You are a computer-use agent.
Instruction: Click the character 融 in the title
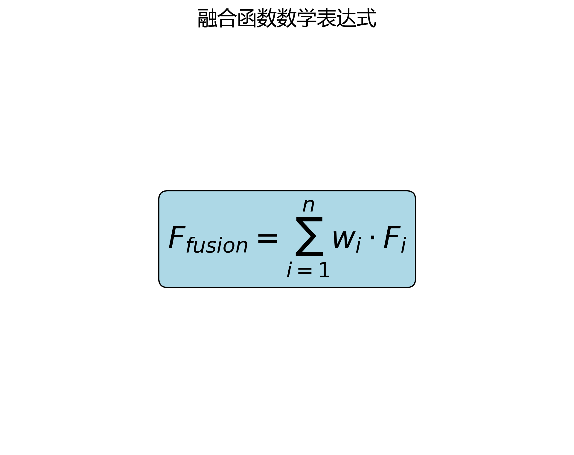pos(207,19)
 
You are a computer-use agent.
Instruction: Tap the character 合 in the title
pos(227,19)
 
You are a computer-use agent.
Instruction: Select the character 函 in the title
pos(247,19)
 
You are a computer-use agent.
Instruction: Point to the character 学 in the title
pos(306,19)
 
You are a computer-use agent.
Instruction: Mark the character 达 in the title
pos(346,19)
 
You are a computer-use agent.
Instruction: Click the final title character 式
pos(366,19)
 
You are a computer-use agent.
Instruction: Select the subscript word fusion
pos(217,245)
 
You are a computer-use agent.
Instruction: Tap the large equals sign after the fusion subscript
pos(267,239)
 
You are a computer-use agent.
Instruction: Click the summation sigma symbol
pos(309,237)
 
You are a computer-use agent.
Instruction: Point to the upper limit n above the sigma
pos(308,205)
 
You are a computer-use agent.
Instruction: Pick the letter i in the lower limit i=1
pos(289,270)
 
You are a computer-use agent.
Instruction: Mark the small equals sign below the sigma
pos(305,271)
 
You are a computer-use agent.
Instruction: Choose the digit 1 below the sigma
pos(324,270)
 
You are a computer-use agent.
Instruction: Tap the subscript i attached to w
pos(358,245)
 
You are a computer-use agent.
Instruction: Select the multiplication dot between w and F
pos(372,238)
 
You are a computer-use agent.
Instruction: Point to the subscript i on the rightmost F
pos(404,245)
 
